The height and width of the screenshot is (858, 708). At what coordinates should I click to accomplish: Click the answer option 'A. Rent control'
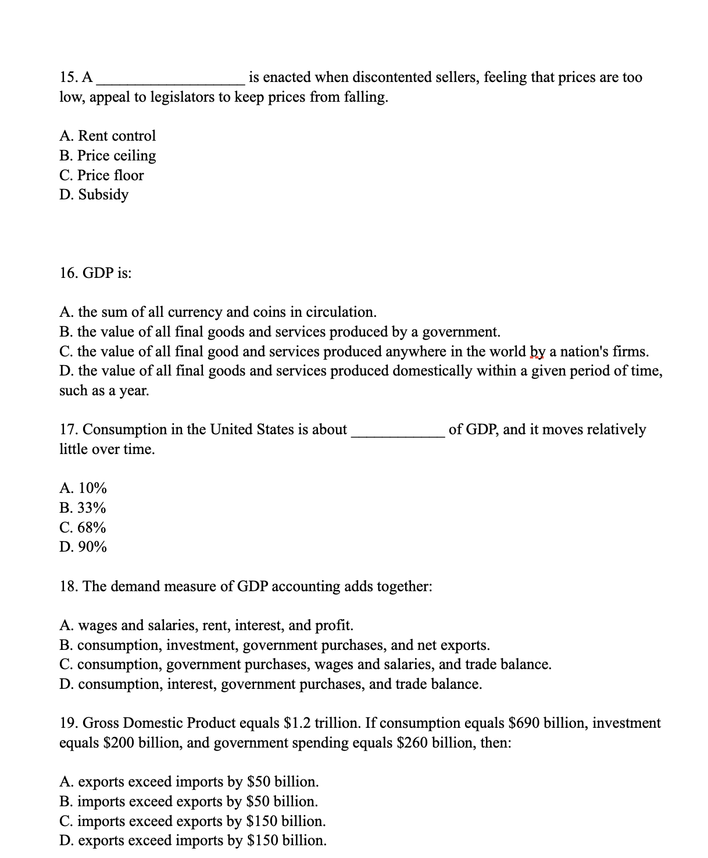pos(108,136)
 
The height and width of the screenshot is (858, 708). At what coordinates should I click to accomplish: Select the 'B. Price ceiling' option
pos(108,156)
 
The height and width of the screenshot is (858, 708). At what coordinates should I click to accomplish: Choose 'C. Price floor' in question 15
pos(102,176)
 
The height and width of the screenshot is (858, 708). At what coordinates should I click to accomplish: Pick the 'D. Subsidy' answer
pos(94,195)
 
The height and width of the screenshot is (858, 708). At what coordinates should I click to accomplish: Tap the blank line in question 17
pos(398,432)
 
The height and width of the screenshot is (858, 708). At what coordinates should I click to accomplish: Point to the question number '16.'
pos(69,273)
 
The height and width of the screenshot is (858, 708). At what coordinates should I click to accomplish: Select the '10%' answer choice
pos(92,488)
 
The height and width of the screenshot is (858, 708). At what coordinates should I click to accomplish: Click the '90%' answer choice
pos(92,548)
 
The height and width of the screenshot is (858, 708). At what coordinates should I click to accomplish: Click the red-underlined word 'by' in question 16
pos(538,352)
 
